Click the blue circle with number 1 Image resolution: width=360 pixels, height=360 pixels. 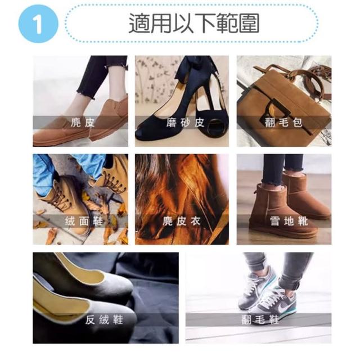click(38, 24)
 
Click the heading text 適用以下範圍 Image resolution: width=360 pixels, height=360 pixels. click(194, 23)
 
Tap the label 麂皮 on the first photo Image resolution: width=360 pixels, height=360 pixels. click(83, 123)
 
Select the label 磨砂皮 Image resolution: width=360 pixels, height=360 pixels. click(185, 123)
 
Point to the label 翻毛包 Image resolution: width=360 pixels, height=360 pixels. click(283, 123)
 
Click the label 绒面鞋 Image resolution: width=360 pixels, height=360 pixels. click(84, 221)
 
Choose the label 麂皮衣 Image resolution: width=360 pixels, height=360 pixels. click(182, 221)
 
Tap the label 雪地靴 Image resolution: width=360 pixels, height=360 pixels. click(289, 221)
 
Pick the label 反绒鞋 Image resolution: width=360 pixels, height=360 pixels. click(105, 320)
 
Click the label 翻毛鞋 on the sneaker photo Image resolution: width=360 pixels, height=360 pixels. click(260, 320)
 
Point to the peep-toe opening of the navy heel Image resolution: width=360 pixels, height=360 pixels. click(215, 125)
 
